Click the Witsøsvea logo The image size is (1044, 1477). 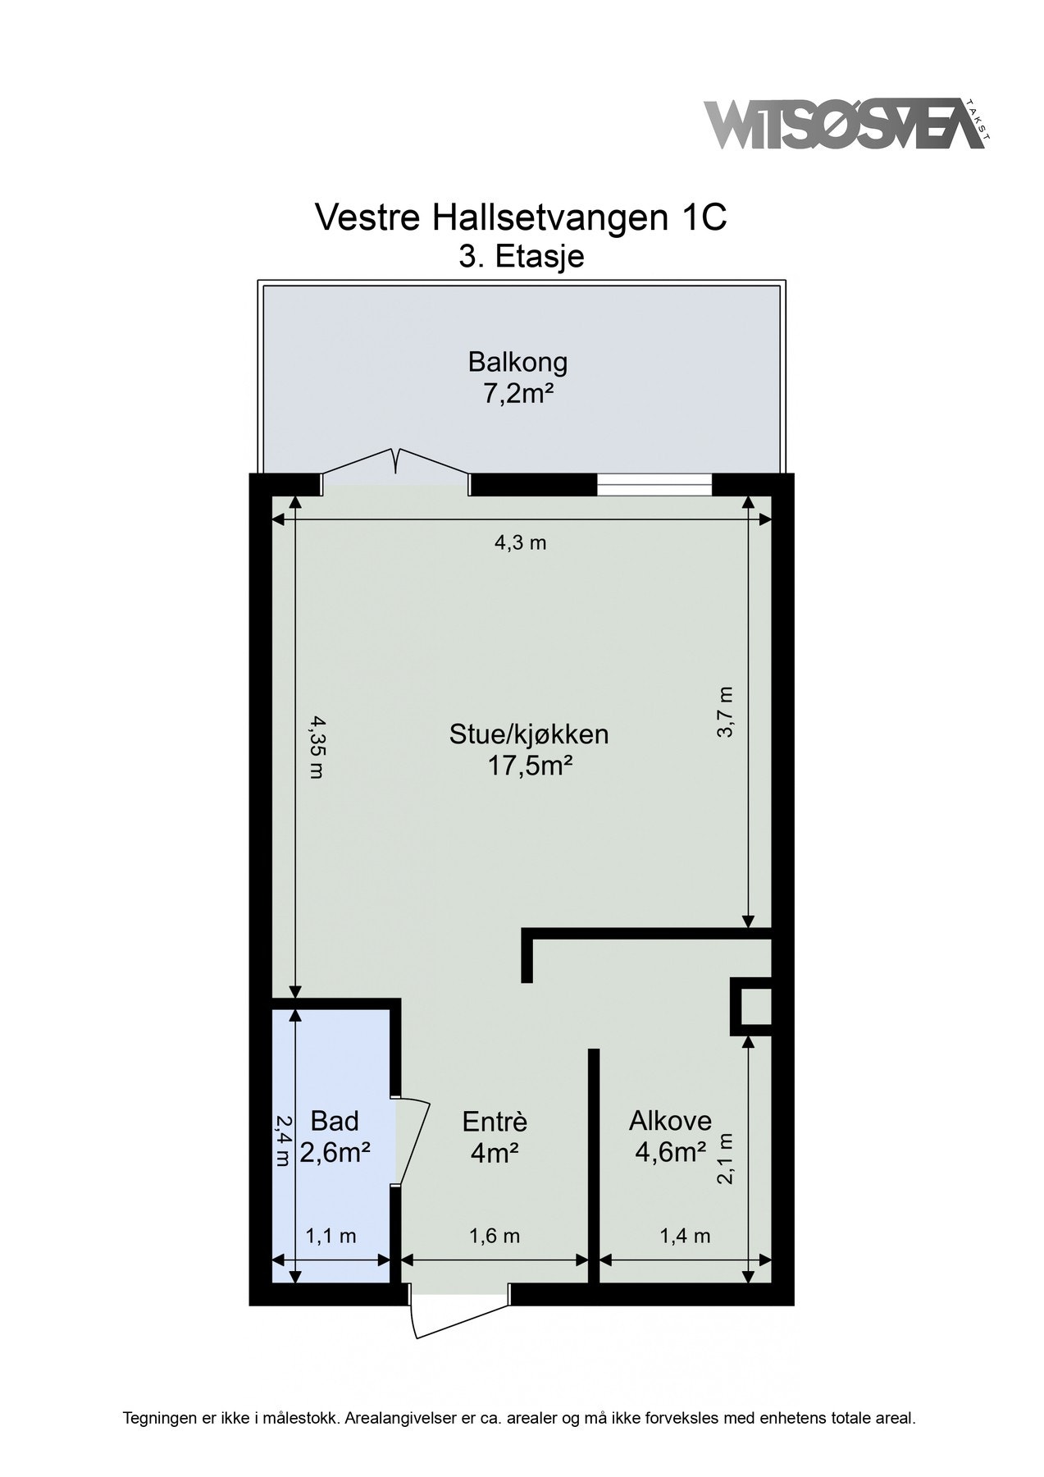pyautogui.click(x=846, y=126)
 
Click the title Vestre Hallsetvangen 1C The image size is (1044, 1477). pyautogui.click(x=521, y=218)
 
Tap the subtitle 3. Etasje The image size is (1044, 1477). pyautogui.click(x=521, y=256)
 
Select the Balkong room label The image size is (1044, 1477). pyautogui.click(x=517, y=361)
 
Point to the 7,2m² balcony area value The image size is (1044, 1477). pyautogui.click(x=517, y=395)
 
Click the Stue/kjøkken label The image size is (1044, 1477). pyautogui.click(x=529, y=733)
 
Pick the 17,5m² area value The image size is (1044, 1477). pyautogui.click(x=529, y=766)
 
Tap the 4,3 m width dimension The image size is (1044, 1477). pyautogui.click(x=520, y=542)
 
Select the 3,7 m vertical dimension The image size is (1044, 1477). pyautogui.click(x=726, y=712)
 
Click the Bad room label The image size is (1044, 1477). pyautogui.click(x=335, y=1120)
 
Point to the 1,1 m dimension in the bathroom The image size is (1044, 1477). pyautogui.click(x=331, y=1236)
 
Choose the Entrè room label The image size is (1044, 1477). pyautogui.click(x=495, y=1121)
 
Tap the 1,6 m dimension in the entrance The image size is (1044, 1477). pyautogui.click(x=495, y=1236)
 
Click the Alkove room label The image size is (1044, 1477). pyautogui.click(x=670, y=1120)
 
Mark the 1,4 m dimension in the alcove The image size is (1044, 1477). pyautogui.click(x=685, y=1236)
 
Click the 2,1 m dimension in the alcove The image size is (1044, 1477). pyautogui.click(x=726, y=1159)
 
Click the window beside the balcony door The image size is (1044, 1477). pyautogui.click(x=654, y=486)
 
